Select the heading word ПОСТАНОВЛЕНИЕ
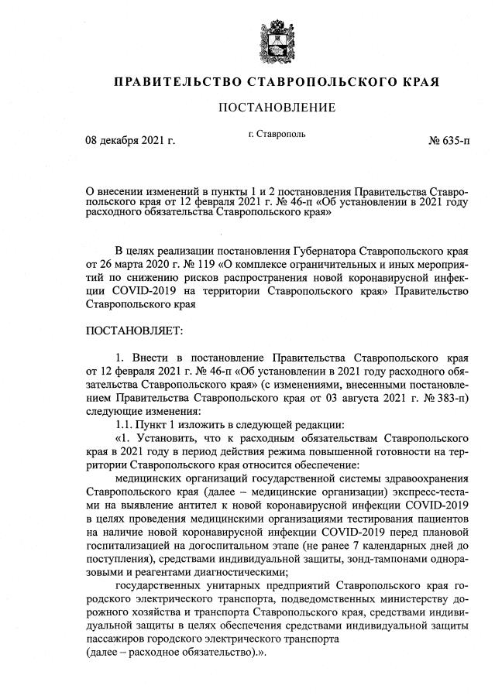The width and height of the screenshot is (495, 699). [276, 107]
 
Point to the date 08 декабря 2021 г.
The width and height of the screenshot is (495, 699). [130, 141]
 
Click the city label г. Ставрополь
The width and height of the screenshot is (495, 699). [277, 133]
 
